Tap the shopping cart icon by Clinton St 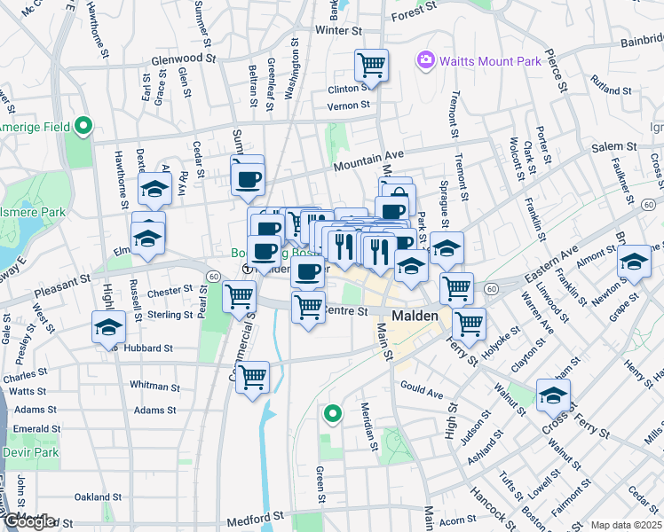pos(371,64)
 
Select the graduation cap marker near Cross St pos(553,395)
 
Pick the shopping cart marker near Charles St pos(253,376)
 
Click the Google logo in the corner pos(29,521)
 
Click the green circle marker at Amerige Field pos(83,126)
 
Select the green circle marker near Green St pos(332,412)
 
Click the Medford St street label pos(258,515)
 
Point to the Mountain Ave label pos(368,160)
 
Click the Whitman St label pos(154,386)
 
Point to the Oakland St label pos(98,496)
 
